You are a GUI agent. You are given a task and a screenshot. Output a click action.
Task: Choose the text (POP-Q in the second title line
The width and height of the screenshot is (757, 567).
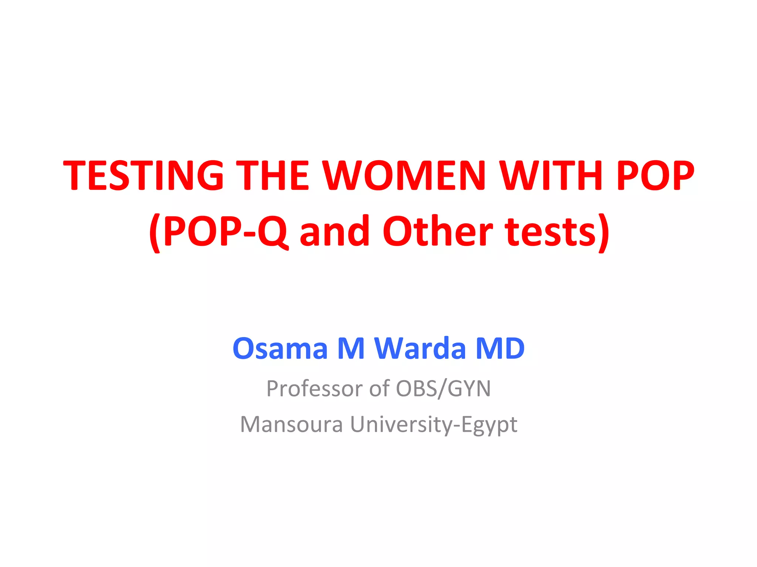[x=218, y=232]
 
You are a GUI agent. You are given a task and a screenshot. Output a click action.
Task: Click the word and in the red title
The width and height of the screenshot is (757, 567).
[x=335, y=232]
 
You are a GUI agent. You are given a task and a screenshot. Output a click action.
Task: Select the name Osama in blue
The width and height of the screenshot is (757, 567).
[x=280, y=348]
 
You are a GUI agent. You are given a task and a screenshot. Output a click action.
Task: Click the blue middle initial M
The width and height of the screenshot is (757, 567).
[x=351, y=348]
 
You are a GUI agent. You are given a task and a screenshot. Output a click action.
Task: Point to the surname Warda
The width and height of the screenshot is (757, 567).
[x=420, y=348]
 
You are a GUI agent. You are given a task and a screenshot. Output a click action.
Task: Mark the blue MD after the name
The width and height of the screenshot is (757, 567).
[x=500, y=348]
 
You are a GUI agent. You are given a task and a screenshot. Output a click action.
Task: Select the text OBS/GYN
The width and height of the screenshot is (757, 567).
[x=443, y=389]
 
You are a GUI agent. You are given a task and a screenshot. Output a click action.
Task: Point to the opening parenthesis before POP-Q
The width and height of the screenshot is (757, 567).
[x=155, y=233]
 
